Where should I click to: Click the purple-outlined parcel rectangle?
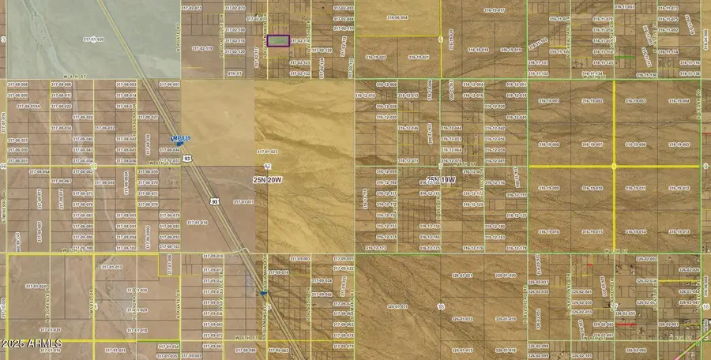click(278, 40)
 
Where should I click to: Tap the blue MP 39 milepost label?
click(182, 138)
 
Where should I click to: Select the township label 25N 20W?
click(268, 179)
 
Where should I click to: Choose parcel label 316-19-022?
click(376, 57)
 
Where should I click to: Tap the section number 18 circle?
click(440, 306)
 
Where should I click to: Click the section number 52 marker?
click(268, 167)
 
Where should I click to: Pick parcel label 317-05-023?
click(267, 152)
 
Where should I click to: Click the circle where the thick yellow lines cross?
click(614, 166)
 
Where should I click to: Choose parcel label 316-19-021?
click(419, 57)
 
